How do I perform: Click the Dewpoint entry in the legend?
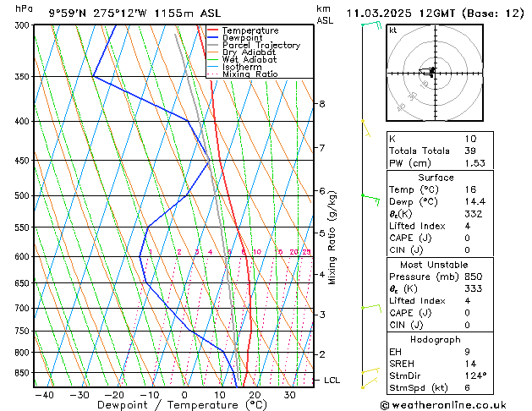coord(242,38)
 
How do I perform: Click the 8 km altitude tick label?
coord(321,104)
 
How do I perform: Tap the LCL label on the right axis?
coord(332,381)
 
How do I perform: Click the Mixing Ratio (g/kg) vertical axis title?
coord(332,238)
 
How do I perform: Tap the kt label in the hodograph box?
coord(393,30)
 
